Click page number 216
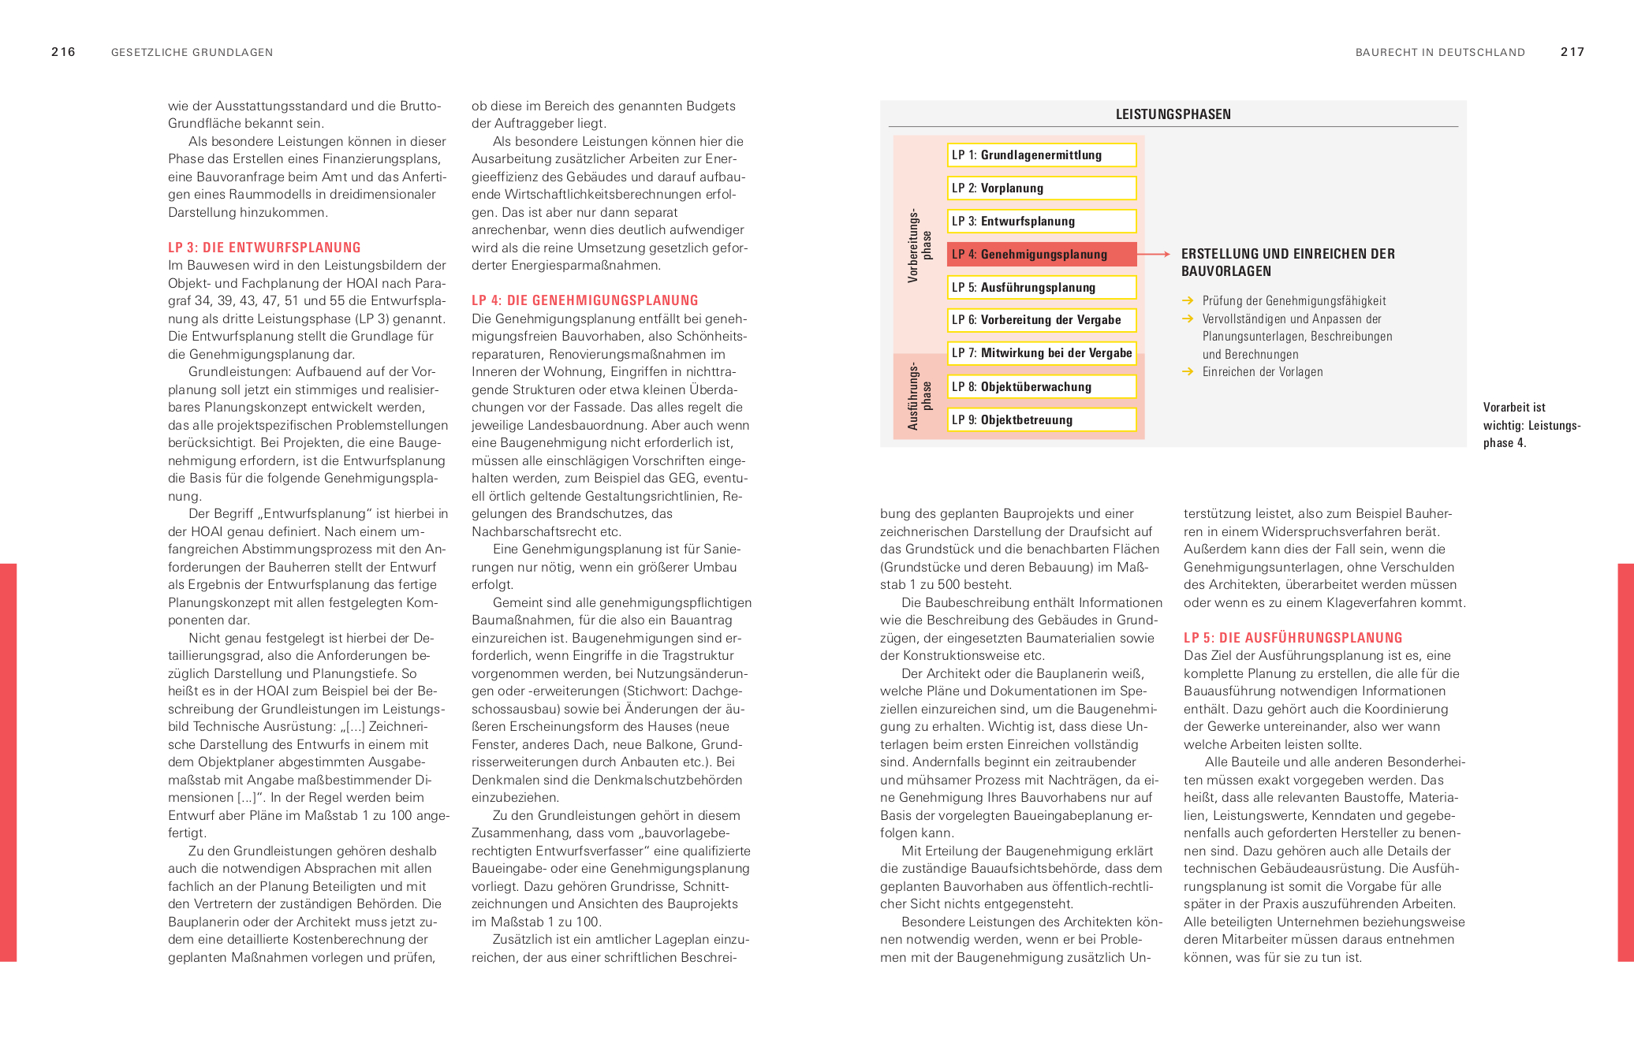[63, 52]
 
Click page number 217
[1572, 52]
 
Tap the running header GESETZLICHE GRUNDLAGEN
[192, 53]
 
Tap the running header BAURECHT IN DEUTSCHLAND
[1440, 53]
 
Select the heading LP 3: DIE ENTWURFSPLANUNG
[264, 248]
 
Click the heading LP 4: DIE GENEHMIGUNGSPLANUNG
[584, 300]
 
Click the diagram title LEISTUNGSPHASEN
[1173, 114]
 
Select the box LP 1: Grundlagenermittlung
[1041, 155]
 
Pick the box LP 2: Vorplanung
[1041, 188]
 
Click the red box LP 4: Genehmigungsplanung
[1041, 255]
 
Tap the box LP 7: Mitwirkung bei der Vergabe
[1041, 353]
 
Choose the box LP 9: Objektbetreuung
[1041, 420]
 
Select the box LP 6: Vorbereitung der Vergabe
[1041, 320]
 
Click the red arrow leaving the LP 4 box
[1154, 254]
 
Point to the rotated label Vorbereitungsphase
[920, 245]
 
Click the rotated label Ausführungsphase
[920, 396]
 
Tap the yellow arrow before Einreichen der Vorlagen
[1188, 371]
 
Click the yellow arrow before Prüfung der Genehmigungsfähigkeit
[1188, 300]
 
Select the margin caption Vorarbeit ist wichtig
[1531, 425]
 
